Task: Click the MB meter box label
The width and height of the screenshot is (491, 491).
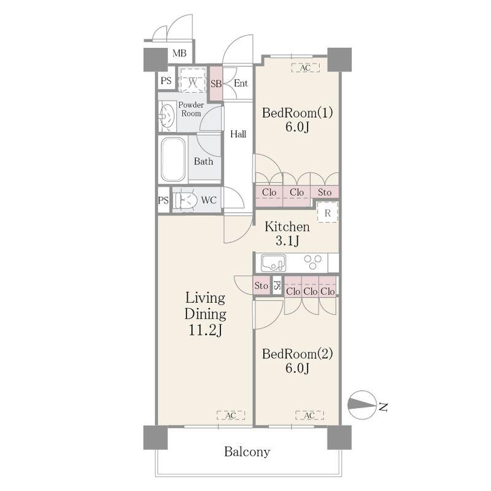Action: point(179,53)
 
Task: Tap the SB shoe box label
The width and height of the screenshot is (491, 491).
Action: point(216,83)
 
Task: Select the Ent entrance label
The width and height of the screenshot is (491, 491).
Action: point(241,83)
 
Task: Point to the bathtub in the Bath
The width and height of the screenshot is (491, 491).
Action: point(173,160)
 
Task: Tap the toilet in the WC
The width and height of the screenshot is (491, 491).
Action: point(185,200)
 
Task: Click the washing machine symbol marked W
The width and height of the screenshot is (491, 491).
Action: point(192,80)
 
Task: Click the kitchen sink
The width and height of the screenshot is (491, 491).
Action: point(273,263)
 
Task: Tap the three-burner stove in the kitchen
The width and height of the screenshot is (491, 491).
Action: point(313,262)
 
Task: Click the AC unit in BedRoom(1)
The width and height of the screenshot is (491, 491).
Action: point(305,68)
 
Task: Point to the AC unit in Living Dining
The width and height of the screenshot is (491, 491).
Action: point(231,416)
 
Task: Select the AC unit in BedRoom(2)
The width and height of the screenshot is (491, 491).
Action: point(309,416)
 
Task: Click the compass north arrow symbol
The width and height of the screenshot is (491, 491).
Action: point(362,405)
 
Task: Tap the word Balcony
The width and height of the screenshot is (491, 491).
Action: point(247,452)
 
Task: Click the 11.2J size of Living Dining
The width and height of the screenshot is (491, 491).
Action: point(205,330)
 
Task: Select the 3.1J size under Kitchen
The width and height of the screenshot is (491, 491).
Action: point(287,241)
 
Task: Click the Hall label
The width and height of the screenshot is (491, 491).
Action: point(238,134)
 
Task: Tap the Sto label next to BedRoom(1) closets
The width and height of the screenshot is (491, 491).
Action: point(325,192)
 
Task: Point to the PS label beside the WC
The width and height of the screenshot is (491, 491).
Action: point(163,200)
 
